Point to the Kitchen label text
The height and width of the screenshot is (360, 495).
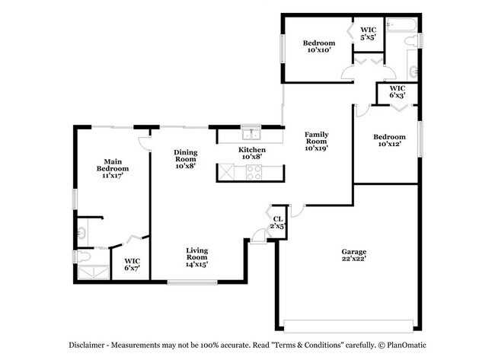[252, 151]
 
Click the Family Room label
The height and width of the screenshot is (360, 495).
[316, 138]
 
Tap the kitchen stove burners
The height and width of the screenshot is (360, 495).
[253, 172]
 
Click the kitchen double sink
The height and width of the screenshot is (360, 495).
[251, 135]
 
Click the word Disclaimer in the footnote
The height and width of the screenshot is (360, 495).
[91, 343]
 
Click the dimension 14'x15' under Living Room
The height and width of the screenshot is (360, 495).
[197, 264]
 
